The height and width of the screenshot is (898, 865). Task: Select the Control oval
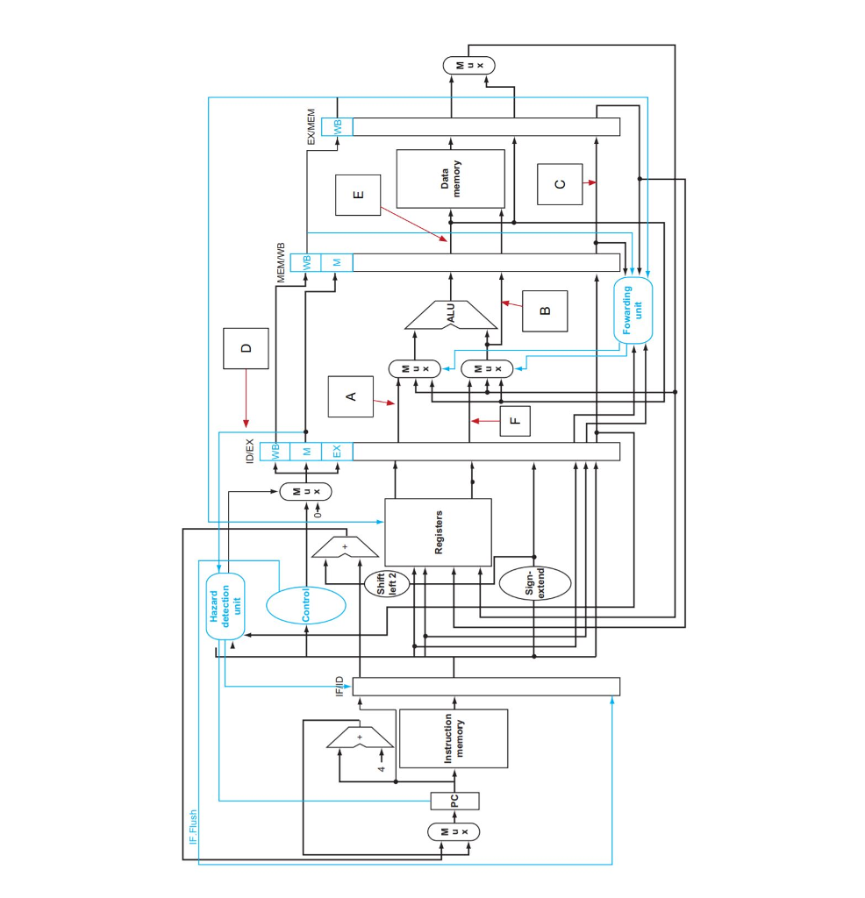point(305,605)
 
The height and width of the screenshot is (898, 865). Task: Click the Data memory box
point(450,179)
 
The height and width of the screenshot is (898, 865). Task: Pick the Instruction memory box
point(454,738)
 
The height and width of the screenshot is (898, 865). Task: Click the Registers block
point(438,532)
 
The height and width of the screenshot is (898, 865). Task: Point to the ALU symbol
point(451,315)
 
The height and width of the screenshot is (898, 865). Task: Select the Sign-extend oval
point(535,583)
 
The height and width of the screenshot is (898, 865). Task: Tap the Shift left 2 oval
point(387,583)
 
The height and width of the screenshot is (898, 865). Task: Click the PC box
point(454,800)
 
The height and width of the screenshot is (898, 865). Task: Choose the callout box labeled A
point(350,396)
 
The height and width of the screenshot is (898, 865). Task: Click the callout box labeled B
point(544,310)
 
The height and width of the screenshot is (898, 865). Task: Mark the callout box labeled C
point(560,184)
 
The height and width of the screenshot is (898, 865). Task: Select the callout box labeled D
point(246,348)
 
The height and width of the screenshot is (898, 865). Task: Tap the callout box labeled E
point(357,195)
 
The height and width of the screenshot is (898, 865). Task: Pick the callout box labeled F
point(515,421)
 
